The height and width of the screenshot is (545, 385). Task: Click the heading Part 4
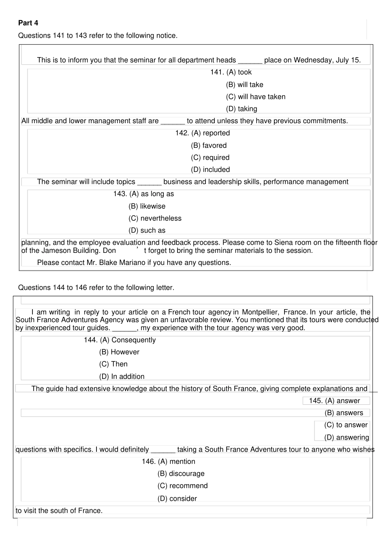coord(28,23)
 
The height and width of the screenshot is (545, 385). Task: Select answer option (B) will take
coord(244,85)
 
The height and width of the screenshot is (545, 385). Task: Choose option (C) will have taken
coord(255,97)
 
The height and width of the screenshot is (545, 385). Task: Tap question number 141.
coord(217,72)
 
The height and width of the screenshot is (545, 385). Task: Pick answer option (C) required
coord(210,158)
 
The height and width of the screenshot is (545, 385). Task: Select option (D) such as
coord(147,231)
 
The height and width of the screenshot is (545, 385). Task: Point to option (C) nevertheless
coord(155,218)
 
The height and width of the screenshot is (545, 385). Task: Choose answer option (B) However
coord(119,352)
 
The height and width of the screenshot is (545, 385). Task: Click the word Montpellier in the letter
coord(260,312)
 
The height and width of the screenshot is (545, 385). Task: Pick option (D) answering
coord(346,438)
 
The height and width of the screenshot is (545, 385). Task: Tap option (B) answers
coord(344,413)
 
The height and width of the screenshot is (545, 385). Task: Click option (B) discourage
coord(181,474)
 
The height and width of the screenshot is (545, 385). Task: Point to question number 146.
coord(149,462)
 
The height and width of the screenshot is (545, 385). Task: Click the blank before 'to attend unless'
coord(173,121)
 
